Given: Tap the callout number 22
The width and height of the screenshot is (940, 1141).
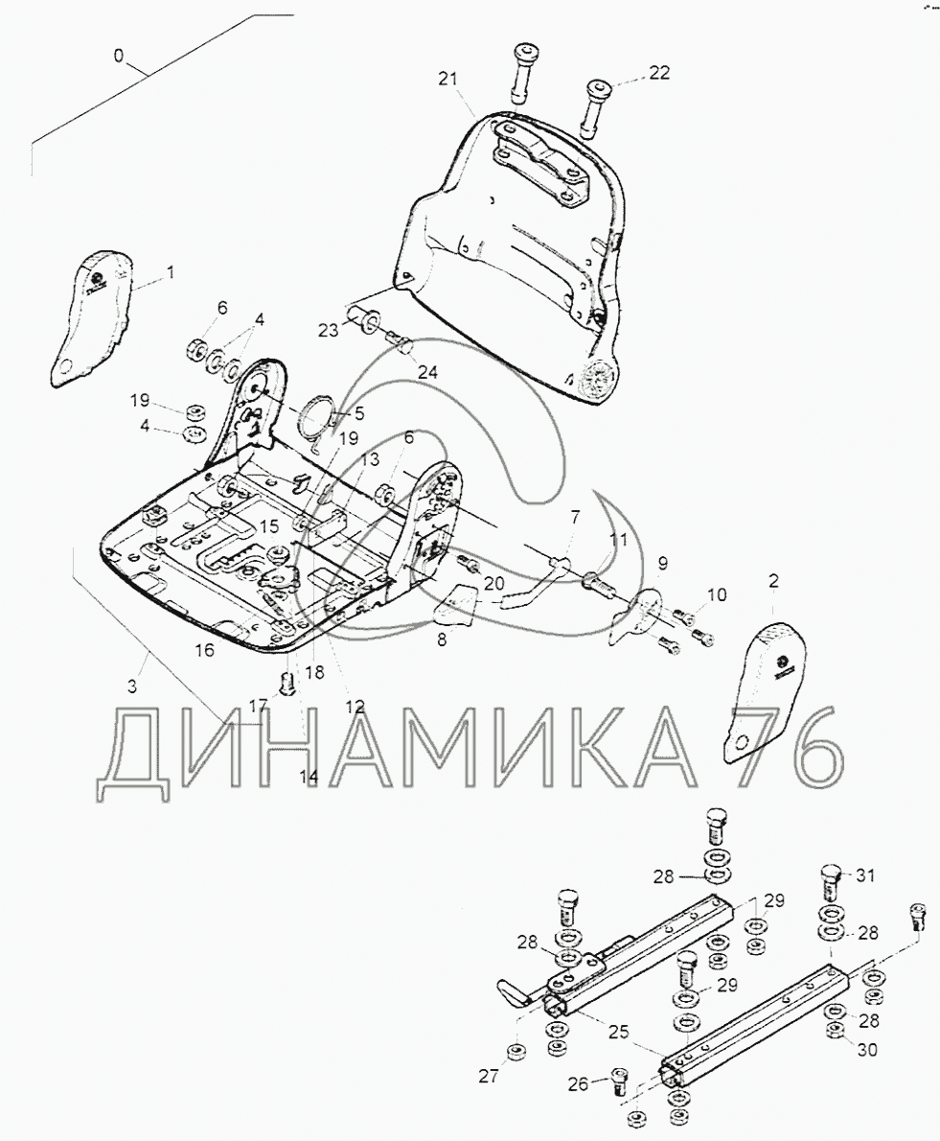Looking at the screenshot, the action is pyautogui.click(x=658, y=72).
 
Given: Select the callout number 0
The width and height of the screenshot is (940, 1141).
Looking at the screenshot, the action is pyautogui.click(x=119, y=55).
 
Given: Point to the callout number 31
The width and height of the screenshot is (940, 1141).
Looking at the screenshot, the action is pyautogui.click(x=865, y=875).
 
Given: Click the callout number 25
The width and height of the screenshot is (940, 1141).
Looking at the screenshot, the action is pyautogui.click(x=620, y=1032).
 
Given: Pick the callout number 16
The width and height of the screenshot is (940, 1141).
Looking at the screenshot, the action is pyautogui.click(x=204, y=650).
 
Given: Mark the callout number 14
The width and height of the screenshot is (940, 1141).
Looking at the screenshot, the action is pyautogui.click(x=309, y=778).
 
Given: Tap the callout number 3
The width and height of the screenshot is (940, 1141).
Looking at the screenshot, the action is pyautogui.click(x=131, y=687).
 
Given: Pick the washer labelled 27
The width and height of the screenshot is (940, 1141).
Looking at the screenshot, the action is pyautogui.click(x=516, y=1052).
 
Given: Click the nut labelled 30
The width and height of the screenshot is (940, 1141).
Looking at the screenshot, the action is pyautogui.click(x=837, y=1031).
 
